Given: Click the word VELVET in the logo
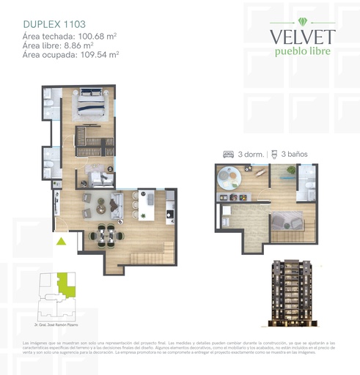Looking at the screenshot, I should [302, 36].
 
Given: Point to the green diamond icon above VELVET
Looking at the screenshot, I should [302, 18].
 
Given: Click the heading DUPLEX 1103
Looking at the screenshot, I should [52, 22].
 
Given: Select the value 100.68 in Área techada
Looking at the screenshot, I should [84, 36].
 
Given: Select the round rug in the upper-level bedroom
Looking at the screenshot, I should [229, 178].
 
